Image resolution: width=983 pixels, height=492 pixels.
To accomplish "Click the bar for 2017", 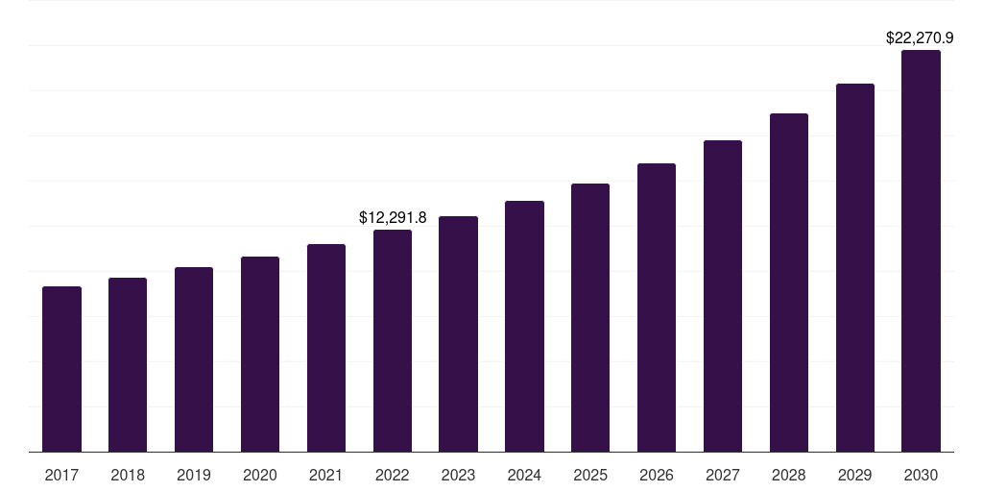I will (x=61, y=369).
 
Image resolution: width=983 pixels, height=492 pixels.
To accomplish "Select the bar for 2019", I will (x=194, y=359).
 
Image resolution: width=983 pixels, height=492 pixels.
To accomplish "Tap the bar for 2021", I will (x=326, y=348).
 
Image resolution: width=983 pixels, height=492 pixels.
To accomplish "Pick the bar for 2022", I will (x=393, y=340).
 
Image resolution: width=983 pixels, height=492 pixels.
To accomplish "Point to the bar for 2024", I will (x=524, y=326).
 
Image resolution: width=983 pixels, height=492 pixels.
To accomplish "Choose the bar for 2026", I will (x=657, y=307).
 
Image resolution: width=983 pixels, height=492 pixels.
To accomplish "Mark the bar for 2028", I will (x=789, y=283).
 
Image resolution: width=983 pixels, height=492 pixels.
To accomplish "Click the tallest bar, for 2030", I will (x=921, y=251).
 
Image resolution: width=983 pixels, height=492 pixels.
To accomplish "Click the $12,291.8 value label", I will (x=393, y=218).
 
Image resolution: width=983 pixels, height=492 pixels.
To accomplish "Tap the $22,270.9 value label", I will (x=919, y=38).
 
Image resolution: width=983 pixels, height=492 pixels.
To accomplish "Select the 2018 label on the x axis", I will (x=128, y=475).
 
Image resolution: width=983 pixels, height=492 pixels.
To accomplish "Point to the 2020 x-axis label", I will (x=260, y=475).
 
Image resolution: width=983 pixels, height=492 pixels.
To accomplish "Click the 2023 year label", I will (x=458, y=475).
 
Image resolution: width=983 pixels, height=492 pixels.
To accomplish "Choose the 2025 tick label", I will (x=590, y=475).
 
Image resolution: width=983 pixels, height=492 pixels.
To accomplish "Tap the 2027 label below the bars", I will (x=723, y=475).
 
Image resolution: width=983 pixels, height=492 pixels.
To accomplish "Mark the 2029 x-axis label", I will (x=854, y=475).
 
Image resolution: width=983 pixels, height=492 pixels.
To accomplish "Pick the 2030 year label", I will (x=921, y=475).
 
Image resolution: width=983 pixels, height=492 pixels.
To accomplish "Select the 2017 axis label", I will (x=61, y=475).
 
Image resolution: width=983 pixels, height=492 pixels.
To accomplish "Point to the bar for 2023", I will (x=458, y=333).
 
